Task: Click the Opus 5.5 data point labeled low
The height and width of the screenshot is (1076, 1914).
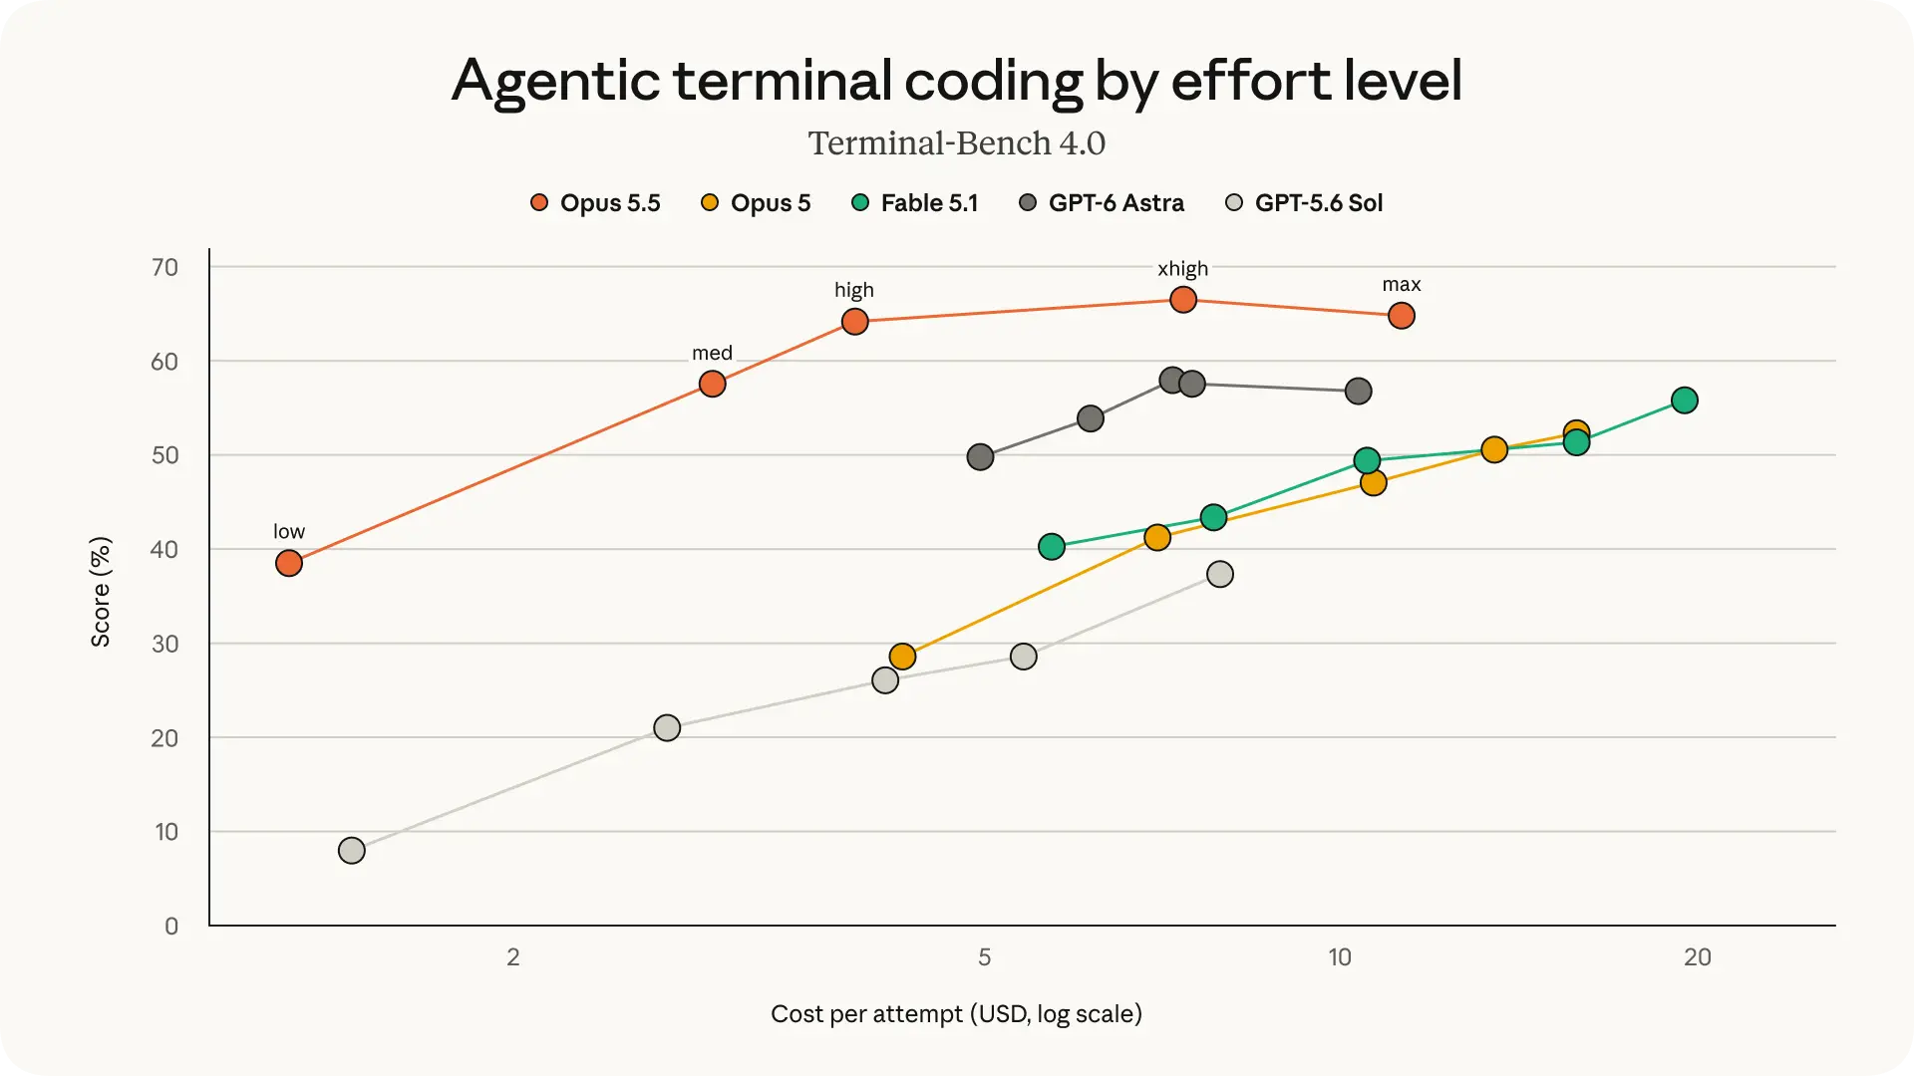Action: click(289, 564)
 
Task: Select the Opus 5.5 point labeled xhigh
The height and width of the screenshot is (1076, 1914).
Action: click(1183, 300)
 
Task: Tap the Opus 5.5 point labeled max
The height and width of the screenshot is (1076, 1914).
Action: click(1402, 316)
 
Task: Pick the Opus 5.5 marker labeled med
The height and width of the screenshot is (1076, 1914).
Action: click(713, 385)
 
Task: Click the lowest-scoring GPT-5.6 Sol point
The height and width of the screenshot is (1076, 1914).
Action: click(352, 851)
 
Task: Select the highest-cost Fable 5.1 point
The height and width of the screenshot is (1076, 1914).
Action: click(1685, 401)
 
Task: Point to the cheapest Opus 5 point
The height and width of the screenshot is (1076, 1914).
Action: click(902, 657)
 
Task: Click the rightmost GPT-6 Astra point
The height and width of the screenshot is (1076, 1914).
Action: click(1359, 392)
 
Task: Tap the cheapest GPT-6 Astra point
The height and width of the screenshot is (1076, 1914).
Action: click(981, 457)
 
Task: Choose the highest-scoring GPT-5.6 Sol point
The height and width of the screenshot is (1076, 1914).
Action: click(1220, 575)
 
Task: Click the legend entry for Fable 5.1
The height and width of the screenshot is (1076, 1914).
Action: click(914, 203)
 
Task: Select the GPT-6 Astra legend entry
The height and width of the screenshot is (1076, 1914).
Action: click(1101, 203)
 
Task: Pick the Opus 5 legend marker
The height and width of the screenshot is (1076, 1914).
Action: click(710, 203)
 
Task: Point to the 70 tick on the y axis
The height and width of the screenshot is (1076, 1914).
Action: click(164, 267)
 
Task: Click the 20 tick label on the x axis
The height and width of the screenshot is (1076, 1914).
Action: click(1698, 957)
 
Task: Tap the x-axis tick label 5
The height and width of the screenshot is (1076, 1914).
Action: click(985, 957)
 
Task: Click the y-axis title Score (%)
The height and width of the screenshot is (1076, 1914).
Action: click(101, 592)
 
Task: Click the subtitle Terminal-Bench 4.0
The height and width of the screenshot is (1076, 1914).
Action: click(957, 143)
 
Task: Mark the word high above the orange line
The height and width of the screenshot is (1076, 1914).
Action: click(854, 290)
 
